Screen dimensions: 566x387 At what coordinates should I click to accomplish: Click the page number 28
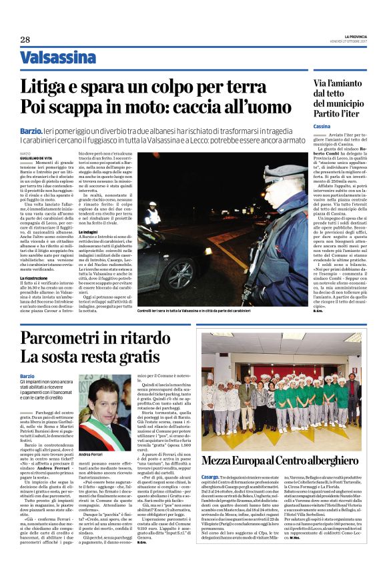pos(25,40)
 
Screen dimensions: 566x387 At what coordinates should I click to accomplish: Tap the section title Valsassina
pos(57,58)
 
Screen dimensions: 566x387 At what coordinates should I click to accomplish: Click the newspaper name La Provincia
pos(352,35)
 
